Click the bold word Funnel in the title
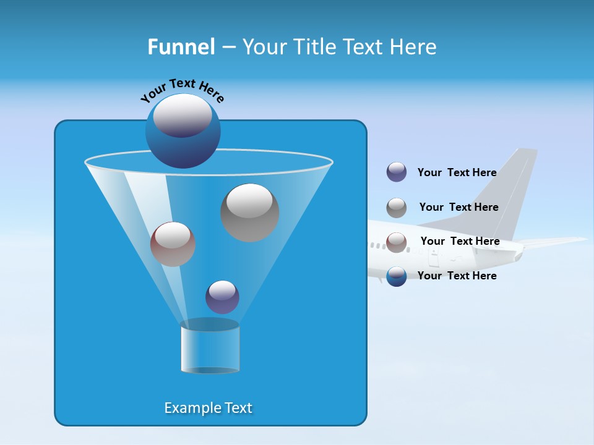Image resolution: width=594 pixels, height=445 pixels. point(181,47)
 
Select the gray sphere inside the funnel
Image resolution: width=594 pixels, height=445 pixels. point(249,213)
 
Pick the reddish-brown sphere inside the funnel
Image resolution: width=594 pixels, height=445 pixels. point(173,244)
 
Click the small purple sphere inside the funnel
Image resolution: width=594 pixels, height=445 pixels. point(222,297)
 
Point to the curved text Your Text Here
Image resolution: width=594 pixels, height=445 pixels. point(182,90)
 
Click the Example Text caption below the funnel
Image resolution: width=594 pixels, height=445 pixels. point(209,408)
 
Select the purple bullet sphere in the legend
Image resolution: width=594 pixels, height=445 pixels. point(397,172)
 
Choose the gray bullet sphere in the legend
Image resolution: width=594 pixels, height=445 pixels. point(397,207)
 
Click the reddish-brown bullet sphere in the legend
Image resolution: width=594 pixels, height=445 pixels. point(397,242)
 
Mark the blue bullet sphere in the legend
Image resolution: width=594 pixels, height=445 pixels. point(397,276)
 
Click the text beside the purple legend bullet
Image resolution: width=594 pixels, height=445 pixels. point(457,172)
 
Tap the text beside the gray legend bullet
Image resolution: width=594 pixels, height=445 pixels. point(458,207)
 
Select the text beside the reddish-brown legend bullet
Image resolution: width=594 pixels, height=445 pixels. point(460,241)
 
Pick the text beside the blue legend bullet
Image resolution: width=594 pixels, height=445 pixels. point(457,276)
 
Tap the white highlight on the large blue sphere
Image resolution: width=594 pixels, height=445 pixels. point(183,116)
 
